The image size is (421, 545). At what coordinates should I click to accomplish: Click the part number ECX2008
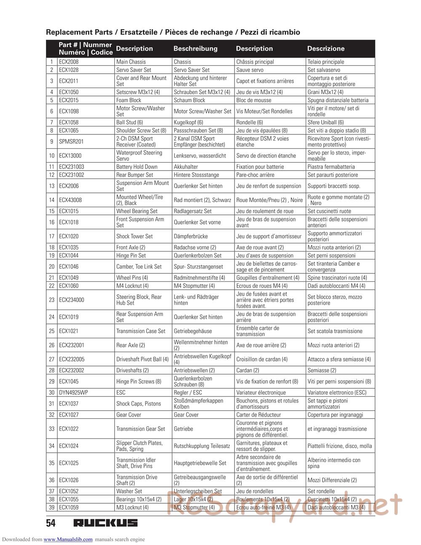click(69, 62)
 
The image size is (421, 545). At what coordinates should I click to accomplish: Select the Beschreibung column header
click(195, 48)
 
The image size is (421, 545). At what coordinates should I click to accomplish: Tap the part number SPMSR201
click(71, 142)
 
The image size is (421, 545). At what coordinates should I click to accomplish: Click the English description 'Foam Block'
click(129, 100)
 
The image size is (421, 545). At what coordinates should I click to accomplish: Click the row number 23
click(52, 300)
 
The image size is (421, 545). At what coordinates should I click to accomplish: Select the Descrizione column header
click(325, 48)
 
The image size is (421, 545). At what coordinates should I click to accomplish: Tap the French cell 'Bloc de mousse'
click(253, 100)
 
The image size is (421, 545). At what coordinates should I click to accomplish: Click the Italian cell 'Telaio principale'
click(325, 62)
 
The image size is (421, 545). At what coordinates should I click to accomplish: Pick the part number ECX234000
click(72, 300)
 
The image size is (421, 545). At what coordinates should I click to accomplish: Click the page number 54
click(51, 523)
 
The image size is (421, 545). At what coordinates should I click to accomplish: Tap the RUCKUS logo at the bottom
click(105, 523)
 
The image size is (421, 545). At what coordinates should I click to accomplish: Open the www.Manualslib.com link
click(68, 540)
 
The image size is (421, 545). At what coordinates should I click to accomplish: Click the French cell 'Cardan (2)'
click(248, 370)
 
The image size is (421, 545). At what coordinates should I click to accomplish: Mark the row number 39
click(52, 508)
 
